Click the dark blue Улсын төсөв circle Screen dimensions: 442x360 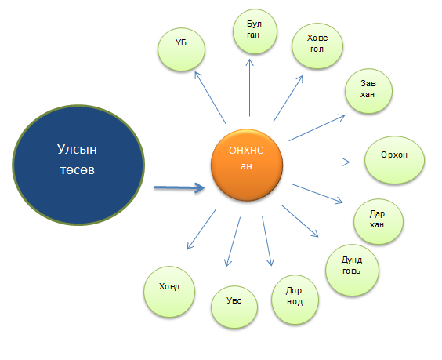tap(78, 165)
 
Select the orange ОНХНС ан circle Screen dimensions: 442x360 tap(247, 165)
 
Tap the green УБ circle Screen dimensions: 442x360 tap(181, 49)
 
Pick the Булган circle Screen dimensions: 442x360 tap(255, 31)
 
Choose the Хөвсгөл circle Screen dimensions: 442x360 tap(317, 45)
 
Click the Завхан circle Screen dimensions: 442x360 tap(368, 91)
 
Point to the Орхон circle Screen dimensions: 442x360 tap(394, 160)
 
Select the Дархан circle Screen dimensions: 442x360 tap(379, 221)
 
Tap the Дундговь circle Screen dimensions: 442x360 tap(352, 270)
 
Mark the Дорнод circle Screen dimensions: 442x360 tap(295, 300)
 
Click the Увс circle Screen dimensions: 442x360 tap(234, 307)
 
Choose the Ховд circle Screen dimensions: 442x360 tap(169, 292)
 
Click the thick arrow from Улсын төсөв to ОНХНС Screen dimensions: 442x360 tap(179, 187)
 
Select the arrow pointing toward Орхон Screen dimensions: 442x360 tap(322, 162)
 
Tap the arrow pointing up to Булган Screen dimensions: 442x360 tap(249, 88)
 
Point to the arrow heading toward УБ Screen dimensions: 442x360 tap(210, 97)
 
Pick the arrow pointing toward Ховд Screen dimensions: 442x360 tap(201, 229)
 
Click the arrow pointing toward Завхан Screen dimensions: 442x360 tap(317, 128)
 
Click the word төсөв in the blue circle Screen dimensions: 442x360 tap(78, 170)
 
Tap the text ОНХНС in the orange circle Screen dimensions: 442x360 tap(246, 151)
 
